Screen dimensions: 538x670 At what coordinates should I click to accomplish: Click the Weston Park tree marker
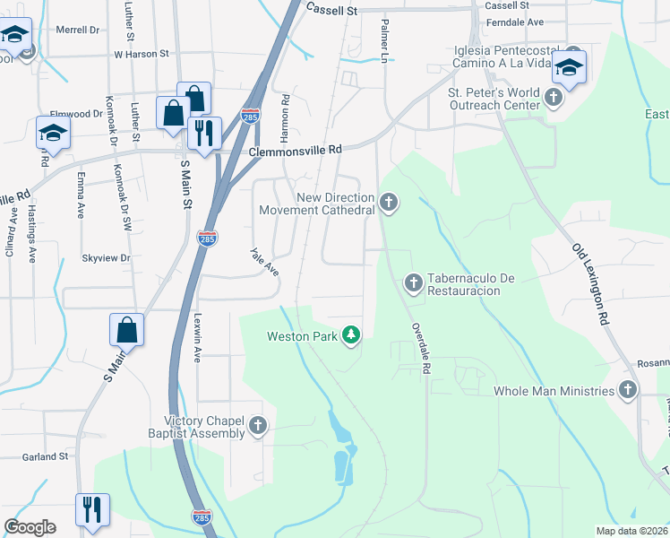(x=353, y=336)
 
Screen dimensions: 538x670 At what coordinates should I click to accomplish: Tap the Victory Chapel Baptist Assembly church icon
(x=258, y=427)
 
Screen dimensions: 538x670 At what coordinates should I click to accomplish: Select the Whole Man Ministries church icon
(x=628, y=390)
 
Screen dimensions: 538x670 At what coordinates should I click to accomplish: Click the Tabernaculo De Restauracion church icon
(x=413, y=283)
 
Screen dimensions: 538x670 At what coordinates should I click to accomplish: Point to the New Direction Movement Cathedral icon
(x=388, y=203)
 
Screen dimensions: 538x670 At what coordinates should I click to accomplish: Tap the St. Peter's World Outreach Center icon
(x=554, y=96)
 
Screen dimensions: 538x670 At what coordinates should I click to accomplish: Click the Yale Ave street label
(x=264, y=262)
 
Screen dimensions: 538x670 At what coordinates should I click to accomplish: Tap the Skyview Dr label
(x=106, y=257)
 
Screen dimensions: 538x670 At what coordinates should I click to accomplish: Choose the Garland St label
(x=45, y=456)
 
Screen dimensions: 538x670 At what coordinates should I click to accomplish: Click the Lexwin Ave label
(x=196, y=336)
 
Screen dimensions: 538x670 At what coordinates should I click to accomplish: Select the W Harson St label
(x=141, y=54)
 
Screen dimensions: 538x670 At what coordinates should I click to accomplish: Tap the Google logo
(x=30, y=527)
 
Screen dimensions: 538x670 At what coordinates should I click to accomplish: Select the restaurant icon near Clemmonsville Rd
(x=205, y=133)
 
